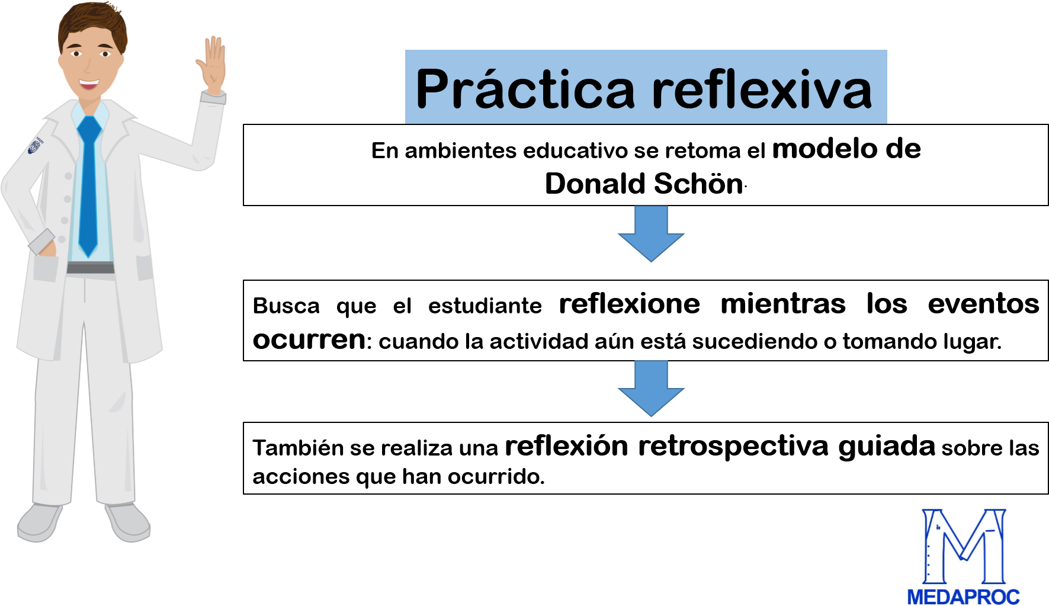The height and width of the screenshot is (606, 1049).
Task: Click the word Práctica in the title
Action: tap(525, 89)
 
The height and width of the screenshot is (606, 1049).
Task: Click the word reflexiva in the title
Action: tap(762, 89)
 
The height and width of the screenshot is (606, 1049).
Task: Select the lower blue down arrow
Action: tap(651, 387)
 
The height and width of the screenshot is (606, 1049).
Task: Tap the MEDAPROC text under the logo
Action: tap(964, 597)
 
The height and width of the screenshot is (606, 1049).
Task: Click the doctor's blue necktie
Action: tap(88, 184)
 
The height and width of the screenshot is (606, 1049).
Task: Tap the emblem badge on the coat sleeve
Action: tap(36, 146)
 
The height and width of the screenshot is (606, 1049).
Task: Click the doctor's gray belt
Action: tap(90, 268)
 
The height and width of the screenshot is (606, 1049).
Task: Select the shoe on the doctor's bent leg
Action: tap(127, 522)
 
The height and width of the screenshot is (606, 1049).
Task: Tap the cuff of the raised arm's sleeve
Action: tap(213, 98)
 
